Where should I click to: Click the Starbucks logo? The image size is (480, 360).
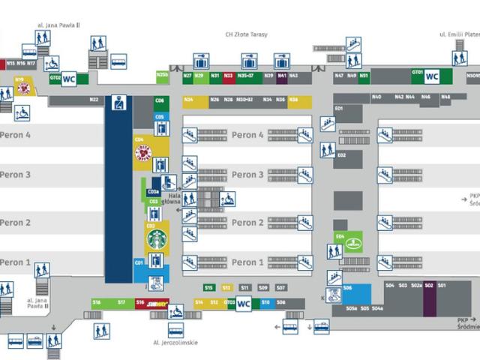157,240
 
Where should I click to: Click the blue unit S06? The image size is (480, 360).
356,292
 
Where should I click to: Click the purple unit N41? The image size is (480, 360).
281,76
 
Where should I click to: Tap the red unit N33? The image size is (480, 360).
228,76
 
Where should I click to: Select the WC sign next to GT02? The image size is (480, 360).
69,77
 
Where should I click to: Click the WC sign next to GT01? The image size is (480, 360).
432,76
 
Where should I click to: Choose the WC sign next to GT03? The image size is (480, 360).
244,304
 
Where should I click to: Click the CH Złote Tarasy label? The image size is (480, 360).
247,34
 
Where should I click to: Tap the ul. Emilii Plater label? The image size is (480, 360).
459,34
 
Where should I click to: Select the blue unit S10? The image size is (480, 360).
265,302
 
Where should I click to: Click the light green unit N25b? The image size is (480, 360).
162,76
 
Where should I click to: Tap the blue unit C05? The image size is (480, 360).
160,117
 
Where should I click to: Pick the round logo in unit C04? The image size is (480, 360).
143,154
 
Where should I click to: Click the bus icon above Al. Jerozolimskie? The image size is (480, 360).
175,331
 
